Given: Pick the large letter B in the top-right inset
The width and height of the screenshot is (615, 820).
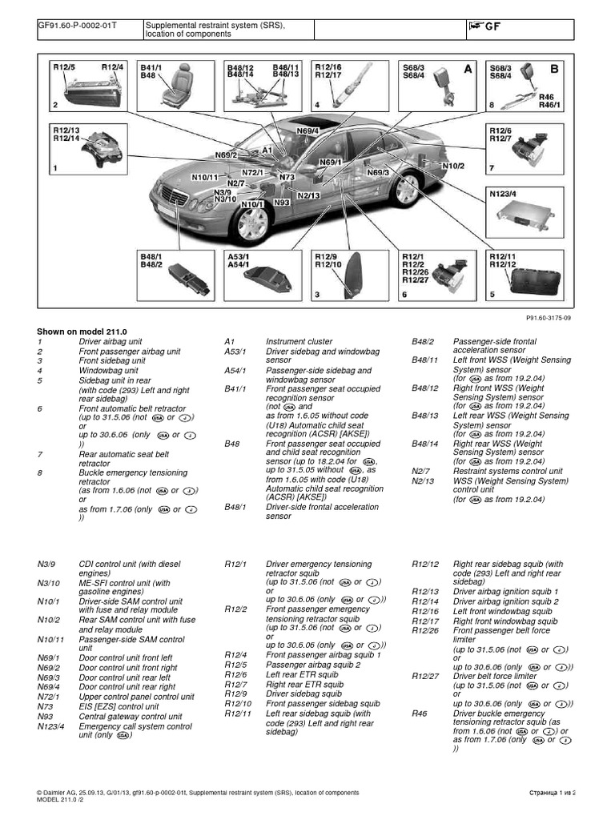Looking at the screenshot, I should [553, 70].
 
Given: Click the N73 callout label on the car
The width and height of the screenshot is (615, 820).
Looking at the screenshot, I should [287, 176].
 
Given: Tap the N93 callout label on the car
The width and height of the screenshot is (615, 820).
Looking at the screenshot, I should [281, 203].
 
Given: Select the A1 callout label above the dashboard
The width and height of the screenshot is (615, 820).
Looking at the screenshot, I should [267, 150].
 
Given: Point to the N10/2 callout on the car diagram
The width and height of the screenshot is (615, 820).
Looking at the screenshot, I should [452, 167].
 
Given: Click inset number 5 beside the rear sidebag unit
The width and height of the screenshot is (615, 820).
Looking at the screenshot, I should [492, 295].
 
